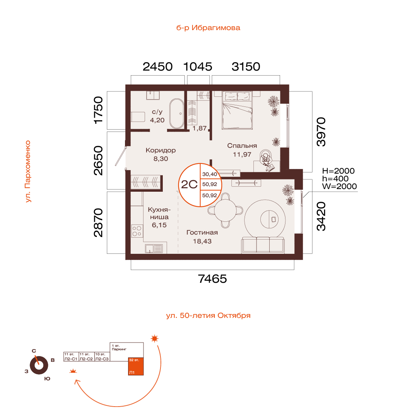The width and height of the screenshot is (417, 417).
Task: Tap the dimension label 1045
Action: pyautogui.click(x=198, y=67)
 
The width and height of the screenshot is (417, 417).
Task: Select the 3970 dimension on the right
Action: pyautogui.click(x=321, y=132)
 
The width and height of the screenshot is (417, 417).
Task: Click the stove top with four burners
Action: pyautogui.click(x=137, y=231)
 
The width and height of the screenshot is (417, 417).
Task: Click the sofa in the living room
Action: pyautogui.click(x=263, y=245)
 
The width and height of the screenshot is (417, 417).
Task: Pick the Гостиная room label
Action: pyautogui.click(x=202, y=233)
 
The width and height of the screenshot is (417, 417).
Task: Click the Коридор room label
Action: pyautogui.click(x=160, y=150)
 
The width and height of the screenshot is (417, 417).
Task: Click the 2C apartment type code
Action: pyautogui.click(x=189, y=185)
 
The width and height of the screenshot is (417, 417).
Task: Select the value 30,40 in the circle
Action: pyautogui.click(x=209, y=174)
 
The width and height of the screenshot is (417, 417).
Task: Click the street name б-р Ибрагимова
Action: pyautogui.click(x=208, y=28)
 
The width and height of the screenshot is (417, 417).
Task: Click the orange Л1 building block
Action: pyautogui.click(x=136, y=367)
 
